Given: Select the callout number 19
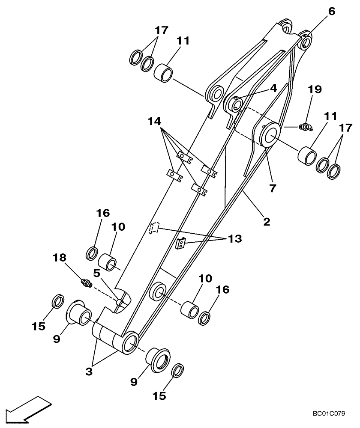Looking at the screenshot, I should coord(314,89).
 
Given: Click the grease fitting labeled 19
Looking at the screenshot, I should coord(306,126).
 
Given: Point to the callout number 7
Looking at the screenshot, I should coord(273,188).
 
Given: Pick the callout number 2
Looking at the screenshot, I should coord(266,222).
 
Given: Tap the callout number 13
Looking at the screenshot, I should coord(234,238).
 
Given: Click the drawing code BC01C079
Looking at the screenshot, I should coord(329,414).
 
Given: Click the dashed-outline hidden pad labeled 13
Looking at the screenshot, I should coord(154,228).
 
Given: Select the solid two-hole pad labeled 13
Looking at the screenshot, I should coord(180,244).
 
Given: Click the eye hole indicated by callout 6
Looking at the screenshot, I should coord(307,42).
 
